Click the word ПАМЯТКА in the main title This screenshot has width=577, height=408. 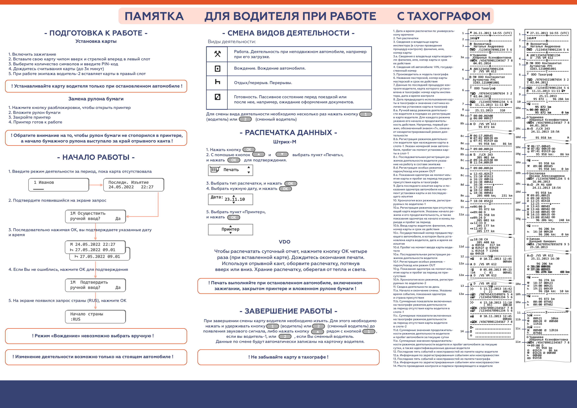pyautogui.click(x=154, y=16)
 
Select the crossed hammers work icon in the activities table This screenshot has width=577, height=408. pyautogui.click(x=217, y=54)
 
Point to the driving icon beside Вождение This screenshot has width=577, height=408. pyautogui.click(x=217, y=68)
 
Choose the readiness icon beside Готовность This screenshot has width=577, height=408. pyautogui.click(x=217, y=97)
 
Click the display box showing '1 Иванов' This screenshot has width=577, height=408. pyautogui.click(x=59, y=185)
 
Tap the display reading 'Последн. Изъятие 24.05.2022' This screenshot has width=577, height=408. pyautogui.click(x=133, y=185)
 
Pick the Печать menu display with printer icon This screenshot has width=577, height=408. pyautogui.click(x=230, y=170)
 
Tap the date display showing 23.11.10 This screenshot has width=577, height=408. pyautogui.click(x=230, y=199)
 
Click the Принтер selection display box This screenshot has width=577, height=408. pyautogui.click(x=230, y=229)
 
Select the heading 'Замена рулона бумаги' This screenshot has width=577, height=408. pyautogui.click(x=96, y=99)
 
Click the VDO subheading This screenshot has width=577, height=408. pyautogui.click(x=285, y=242)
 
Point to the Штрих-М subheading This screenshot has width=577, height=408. pyautogui.click(x=285, y=142)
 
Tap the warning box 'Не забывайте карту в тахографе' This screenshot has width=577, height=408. pyautogui.click(x=288, y=357)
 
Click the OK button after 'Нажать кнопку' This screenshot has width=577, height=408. pyautogui.click(x=249, y=150)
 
